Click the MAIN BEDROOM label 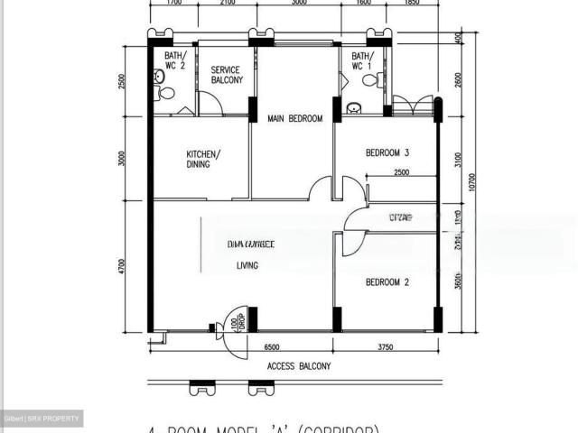point(294,118)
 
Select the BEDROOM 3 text point(387,152)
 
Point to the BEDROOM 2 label point(387,282)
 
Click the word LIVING point(247,265)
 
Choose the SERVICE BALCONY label point(227,75)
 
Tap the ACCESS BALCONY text point(299,366)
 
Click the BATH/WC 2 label point(174,60)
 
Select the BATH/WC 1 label point(361,60)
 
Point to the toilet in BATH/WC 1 point(368,80)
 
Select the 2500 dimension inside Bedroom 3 point(401,172)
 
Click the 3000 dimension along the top point(297,3)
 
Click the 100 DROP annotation point(236,322)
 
